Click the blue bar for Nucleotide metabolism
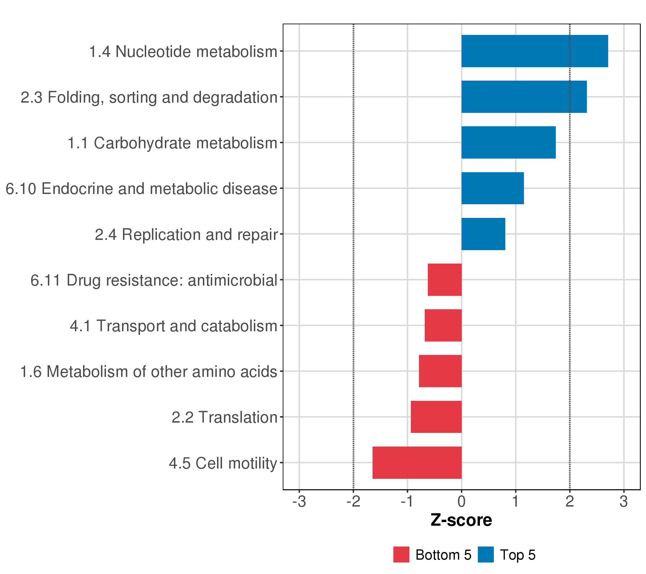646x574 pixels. point(535,51)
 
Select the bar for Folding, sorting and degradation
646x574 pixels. point(524,97)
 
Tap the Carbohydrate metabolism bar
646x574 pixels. point(508,143)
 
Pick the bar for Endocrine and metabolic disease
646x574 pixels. point(492,188)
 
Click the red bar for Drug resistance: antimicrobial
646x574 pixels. point(445,280)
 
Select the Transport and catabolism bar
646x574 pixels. point(443,325)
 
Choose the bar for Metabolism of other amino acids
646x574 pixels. point(440,371)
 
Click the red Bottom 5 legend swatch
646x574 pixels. point(401,554)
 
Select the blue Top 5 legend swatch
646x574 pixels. point(485,554)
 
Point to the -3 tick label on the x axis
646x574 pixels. point(299,501)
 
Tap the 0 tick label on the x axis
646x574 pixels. point(462,501)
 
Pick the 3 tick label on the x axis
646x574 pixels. point(624,501)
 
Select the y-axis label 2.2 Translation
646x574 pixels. point(224,417)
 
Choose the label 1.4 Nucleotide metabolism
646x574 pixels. point(183,51)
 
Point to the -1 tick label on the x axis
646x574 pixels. point(407,501)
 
